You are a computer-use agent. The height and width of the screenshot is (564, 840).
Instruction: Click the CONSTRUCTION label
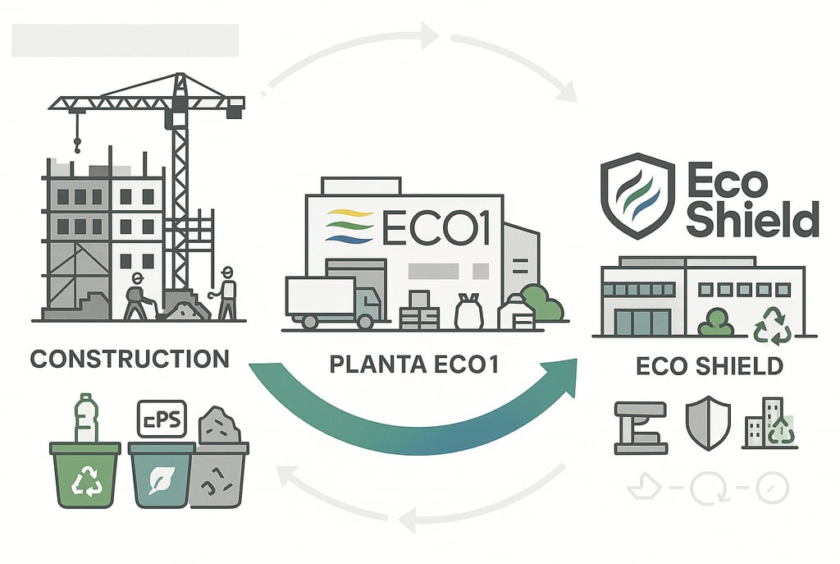(129, 360)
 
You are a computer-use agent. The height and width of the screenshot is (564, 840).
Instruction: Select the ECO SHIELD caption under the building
(709, 365)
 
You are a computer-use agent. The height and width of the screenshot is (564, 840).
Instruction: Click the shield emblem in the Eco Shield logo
(633, 194)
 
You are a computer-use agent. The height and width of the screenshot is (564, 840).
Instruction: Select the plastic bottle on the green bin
(84, 419)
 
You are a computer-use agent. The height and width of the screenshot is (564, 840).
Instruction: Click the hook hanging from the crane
(78, 146)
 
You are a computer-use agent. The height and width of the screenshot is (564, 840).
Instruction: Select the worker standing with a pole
(227, 291)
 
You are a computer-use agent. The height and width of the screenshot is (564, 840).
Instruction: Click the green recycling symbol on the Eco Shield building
(773, 324)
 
